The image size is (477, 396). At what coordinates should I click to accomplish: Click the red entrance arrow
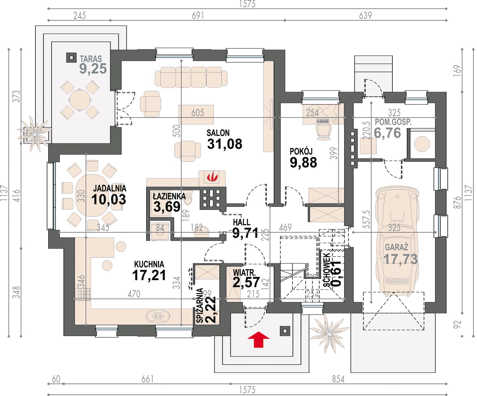pyautogui.click(x=258, y=339)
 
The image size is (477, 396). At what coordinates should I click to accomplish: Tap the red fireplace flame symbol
pyautogui.click(x=212, y=177)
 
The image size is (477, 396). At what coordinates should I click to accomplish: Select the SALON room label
pyautogui.click(x=218, y=133)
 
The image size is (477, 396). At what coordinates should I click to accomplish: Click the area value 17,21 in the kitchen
pyautogui.click(x=149, y=275)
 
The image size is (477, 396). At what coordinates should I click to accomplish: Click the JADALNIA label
pyautogui.click(x=110, y=188)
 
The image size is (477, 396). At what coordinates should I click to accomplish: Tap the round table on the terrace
pyautogui.click(x=80, y=100)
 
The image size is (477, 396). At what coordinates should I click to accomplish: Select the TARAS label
pyautogui.click(x=91, y=59)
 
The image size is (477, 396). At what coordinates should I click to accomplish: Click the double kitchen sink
pyautogui.click(x=158, y=316)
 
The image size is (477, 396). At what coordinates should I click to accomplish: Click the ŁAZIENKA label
pyautogui.click(x=169, y=196)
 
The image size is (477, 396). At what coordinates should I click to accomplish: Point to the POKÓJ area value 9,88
pyautogui.click(x=303, y=162)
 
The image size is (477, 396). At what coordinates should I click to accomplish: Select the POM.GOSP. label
pyautogui.click(x=393, y=122)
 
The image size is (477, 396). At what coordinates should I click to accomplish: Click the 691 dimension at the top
pyautogui.click(x=198, y=16)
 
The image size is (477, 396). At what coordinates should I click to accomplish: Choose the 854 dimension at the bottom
pyautogui.click(x=338, y=379)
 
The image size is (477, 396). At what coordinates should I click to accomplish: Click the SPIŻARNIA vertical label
pyautogui.click(x=200, y=306)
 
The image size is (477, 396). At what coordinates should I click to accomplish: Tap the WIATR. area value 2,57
pyautogui.click(x=246, y=282)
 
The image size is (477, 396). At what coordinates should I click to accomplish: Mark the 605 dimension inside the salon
pyautogui.click(x=198, y=113)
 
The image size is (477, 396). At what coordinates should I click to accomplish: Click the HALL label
pyautogui.click(x=241, y=222)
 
